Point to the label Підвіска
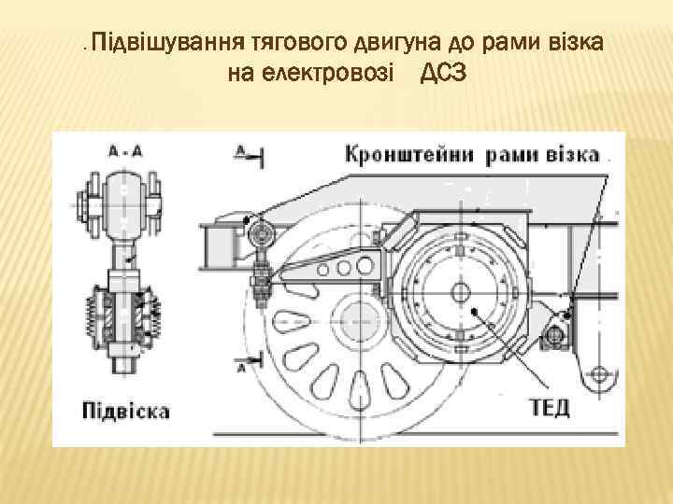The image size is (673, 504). [125, 411]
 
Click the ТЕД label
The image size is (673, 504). [549, 408]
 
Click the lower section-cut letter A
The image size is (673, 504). [241, 368]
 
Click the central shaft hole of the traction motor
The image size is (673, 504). [461, 291]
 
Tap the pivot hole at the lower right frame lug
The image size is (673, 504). [598, 377]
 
